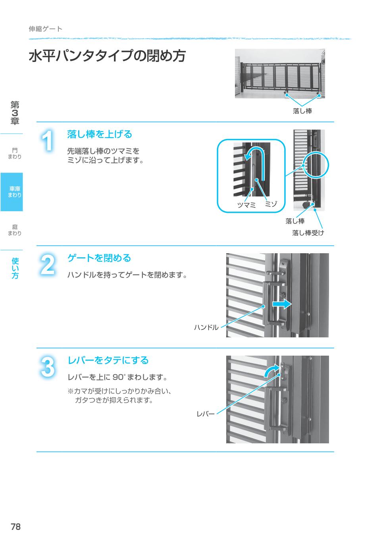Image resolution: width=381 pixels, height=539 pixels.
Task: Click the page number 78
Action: [16, 527]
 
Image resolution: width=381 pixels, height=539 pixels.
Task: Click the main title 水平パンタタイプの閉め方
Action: [107, 56]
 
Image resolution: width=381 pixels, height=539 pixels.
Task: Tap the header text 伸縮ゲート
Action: [46, 29]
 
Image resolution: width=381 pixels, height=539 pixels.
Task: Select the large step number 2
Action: [48, 265]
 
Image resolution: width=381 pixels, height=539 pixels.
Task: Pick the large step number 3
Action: [48, 367]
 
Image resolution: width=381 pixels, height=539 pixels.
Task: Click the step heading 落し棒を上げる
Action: [100, 135]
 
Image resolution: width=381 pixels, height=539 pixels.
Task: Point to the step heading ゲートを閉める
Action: [99, 258]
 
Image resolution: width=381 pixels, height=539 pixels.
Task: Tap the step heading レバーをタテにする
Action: [108, 360]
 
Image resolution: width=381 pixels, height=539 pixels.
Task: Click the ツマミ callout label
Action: [246, 205]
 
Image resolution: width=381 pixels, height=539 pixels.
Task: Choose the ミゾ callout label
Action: [271, 204]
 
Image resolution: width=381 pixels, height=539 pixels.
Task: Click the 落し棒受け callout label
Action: [308, 233]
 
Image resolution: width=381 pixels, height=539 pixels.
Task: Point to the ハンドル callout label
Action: [206, 327]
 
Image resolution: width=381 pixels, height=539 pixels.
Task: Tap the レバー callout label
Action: [206, 414]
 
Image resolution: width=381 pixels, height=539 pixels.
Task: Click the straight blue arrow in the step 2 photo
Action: [282, 304]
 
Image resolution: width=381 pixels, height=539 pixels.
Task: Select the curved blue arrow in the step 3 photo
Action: [272, 372]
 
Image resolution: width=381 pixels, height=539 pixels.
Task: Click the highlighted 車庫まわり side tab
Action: [12, 192]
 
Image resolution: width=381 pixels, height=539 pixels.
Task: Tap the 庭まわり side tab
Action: [15, 230]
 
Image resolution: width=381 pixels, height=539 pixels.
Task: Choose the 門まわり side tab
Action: [15, 153]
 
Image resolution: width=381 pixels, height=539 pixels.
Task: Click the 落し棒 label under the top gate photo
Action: [302, 111]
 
